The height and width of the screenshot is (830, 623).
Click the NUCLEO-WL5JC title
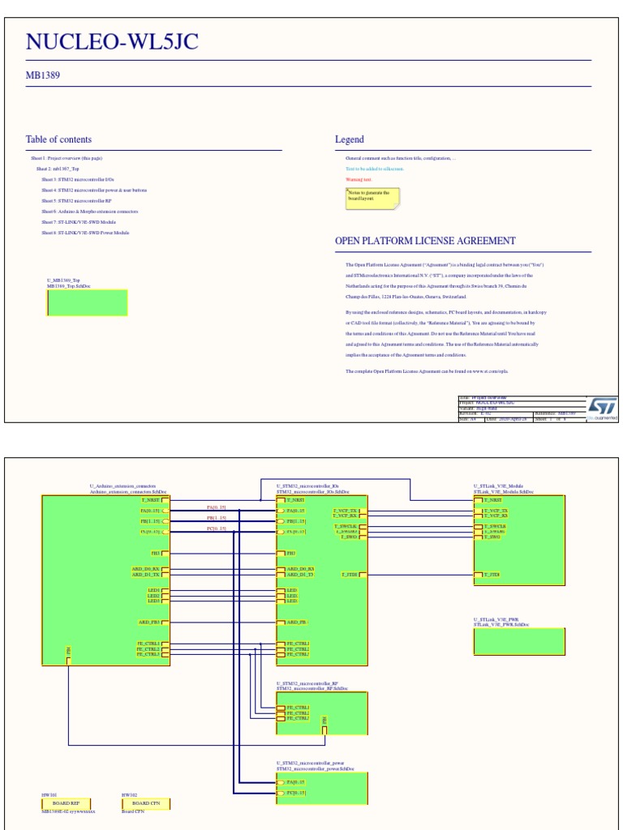(x=112, y=42)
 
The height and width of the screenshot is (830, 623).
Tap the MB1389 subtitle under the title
(x=43, y=75)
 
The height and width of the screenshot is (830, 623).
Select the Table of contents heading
(x=58, y=139)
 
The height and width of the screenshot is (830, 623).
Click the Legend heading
(x=350, y=139)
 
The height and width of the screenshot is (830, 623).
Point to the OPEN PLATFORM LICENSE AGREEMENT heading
(x=425, y=241)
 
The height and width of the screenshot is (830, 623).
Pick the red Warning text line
(x=359, y=179)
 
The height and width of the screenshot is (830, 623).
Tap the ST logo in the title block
(x=602, y=407)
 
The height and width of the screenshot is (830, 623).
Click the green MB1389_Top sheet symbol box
(x=88, y=302)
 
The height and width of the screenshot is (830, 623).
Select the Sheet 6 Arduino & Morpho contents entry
(x=90, y=212)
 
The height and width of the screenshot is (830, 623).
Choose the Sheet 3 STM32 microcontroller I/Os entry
(x=78, y=179)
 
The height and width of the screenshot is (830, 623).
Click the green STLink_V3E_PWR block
(x=519, y=641)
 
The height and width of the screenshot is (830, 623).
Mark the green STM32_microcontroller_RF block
(x=322, y=712)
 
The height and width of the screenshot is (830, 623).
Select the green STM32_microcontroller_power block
(x=322, y=788)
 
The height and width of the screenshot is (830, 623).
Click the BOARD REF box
(x=67, y=803)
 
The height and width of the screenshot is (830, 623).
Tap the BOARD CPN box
(x=146, y=803)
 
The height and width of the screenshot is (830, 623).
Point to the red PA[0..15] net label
(x=217, y=507)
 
